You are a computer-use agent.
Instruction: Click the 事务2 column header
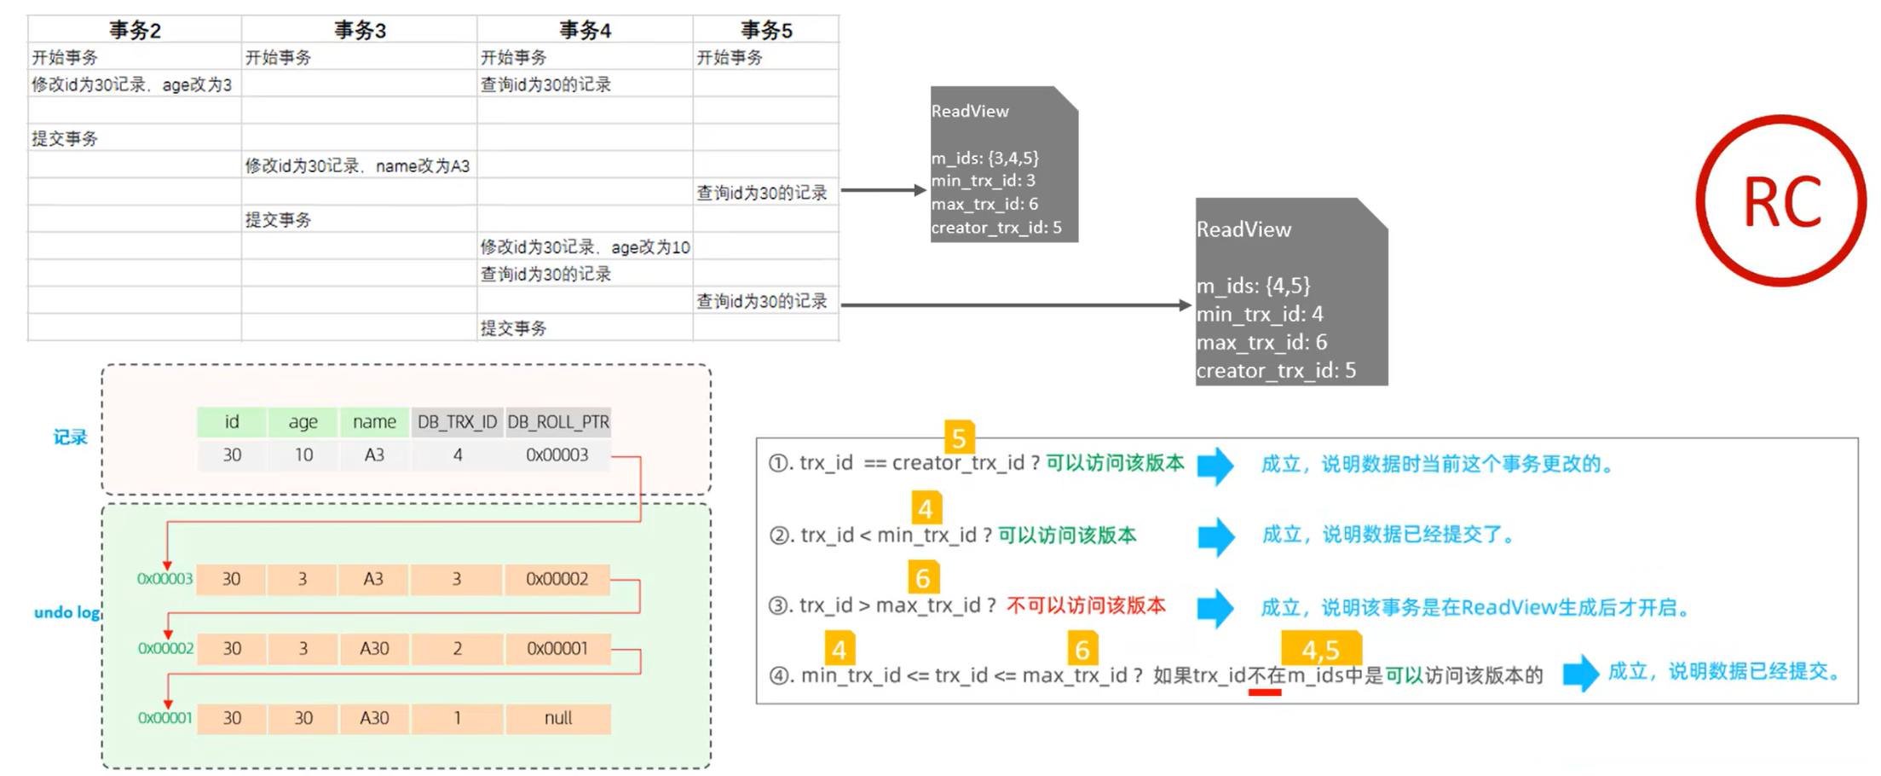(135, 31)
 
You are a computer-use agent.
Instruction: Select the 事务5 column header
(765, 31)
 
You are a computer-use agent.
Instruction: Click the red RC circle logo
(1780, 201)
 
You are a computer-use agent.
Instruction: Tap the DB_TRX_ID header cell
(457, 422)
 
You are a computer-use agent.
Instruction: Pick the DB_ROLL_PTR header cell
(558, 422)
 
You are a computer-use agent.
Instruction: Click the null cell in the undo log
(558, 718)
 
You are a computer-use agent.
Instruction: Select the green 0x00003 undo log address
(164, 579)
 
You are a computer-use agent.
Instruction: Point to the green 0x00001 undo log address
(164, 718)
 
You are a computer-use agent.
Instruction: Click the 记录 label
(70, 437)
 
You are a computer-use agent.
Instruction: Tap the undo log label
(66, 612)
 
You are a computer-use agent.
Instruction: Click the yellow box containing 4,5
(1320, 649)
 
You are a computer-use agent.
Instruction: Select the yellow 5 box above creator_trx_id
(959, 437)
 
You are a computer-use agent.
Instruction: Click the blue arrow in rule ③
(1215, 608)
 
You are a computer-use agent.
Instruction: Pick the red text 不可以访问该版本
(1086, 605)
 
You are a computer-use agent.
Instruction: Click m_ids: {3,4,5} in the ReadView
(984, 159)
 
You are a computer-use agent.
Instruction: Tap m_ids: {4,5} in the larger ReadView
(1253, 286)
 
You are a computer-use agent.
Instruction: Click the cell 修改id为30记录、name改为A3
(357, 165)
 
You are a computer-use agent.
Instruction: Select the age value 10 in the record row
(303, 455)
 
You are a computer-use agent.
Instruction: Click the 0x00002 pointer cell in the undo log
(557, 579)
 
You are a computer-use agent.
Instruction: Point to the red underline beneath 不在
(1265, 692)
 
